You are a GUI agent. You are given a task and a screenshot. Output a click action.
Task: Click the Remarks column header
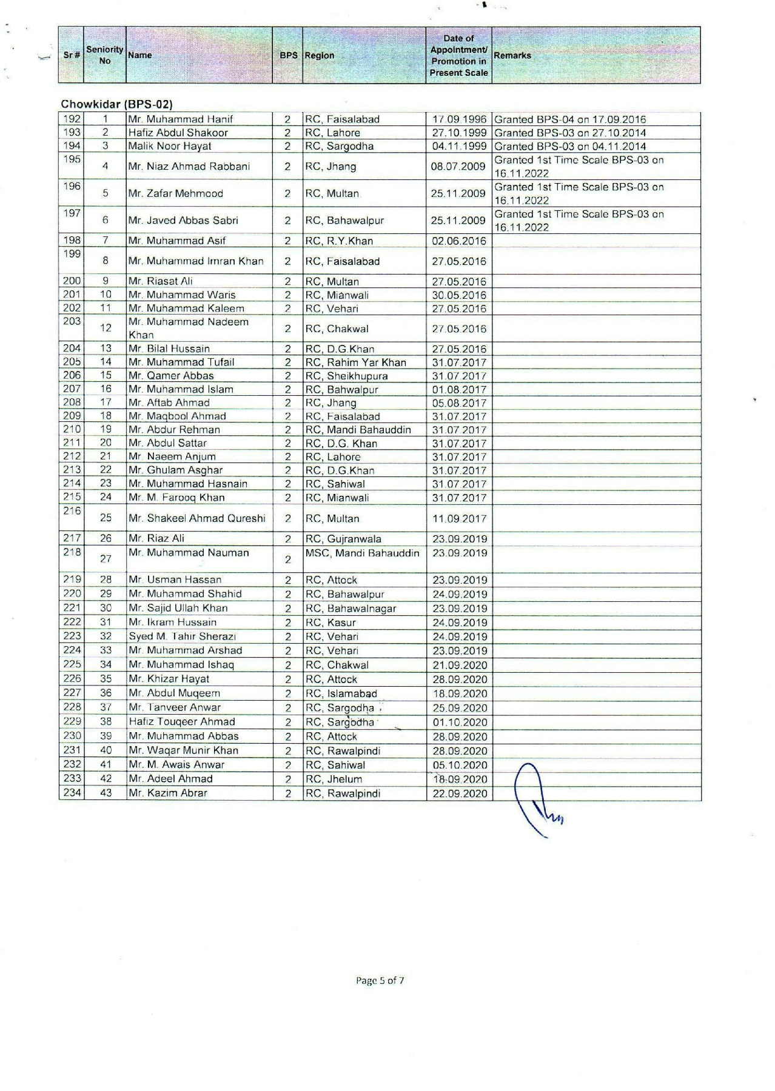[512, 55]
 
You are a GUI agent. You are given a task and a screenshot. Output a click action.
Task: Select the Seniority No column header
[104, 55]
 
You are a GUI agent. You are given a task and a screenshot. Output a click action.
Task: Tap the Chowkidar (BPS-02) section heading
[112, 104]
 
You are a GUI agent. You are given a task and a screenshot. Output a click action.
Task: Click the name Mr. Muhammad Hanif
[180, 119]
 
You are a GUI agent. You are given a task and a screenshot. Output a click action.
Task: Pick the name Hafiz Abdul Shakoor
[178, 133]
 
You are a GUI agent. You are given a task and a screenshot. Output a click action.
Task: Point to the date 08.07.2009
[458, 167]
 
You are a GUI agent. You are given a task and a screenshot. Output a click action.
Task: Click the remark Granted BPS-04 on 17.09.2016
[570, 119]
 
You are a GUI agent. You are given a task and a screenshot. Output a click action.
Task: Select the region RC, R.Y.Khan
[339, 241]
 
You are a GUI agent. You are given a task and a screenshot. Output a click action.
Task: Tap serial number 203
[72, 321]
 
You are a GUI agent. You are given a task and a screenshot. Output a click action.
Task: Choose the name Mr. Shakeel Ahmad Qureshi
[196, 518]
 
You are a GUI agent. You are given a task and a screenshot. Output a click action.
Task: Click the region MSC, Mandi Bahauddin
[362, 553]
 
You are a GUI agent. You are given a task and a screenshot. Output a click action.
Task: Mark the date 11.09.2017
[459, 519]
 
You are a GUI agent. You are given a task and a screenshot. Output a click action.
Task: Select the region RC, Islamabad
[341, 693]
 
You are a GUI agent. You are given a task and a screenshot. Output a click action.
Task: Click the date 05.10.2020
[459, 765]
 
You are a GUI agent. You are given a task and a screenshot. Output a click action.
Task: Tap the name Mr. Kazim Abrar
[168, 793]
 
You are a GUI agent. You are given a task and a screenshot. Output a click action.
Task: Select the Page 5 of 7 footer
[380, 980]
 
